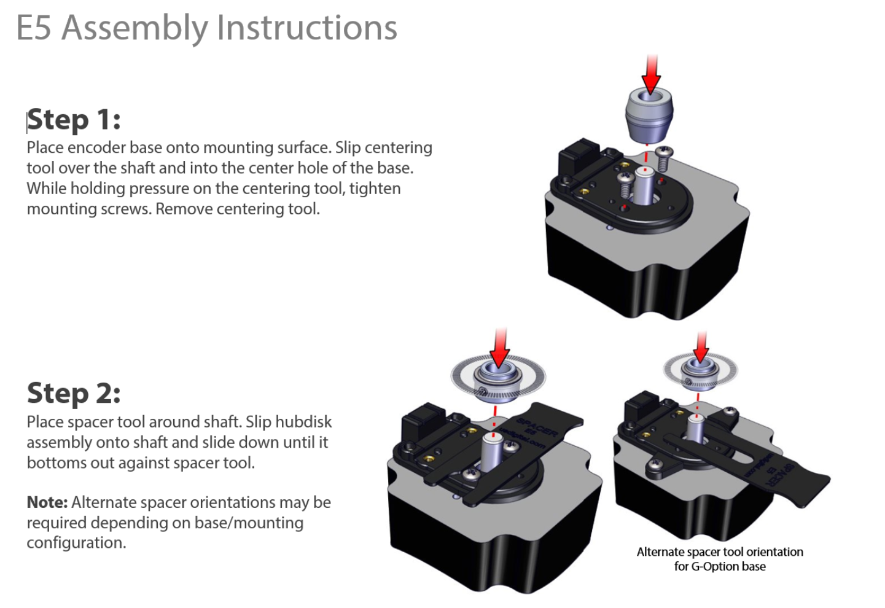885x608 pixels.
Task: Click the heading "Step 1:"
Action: [x=74, y=119]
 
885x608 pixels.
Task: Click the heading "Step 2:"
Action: [x=74, y=393]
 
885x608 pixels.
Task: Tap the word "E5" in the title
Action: [x=34, y=28]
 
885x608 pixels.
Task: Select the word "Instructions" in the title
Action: [x=307, y=28]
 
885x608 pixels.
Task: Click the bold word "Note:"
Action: [x=47, y=502]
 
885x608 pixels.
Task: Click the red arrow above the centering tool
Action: [x=651, y=74]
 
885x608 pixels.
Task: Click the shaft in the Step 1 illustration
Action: [x=644, y=184]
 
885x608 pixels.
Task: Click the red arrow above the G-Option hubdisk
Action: [x=701, y=347]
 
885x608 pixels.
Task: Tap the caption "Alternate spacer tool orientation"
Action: [x=720, y=551]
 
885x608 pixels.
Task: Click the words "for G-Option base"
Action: [x=720, y=566]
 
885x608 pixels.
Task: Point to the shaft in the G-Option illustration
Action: [x=695, y=427]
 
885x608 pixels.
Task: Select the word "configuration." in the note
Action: [x=76, y=543]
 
